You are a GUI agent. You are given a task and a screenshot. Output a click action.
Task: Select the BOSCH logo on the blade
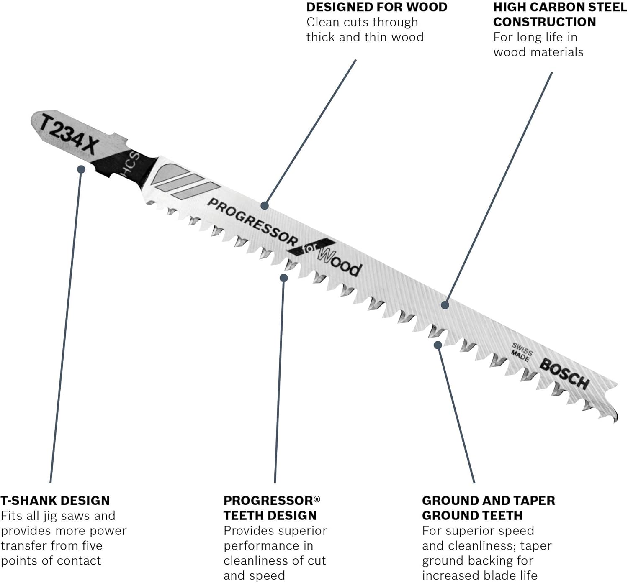tap(564, 373)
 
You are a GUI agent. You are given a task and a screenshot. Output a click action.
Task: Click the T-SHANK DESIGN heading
tap(55, 500)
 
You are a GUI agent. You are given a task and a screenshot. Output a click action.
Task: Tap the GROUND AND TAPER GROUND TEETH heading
tap(488, 508)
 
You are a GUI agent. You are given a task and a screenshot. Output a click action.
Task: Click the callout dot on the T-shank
tap(81, 169)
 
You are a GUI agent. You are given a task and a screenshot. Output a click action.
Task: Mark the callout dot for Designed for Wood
tap(264, 205)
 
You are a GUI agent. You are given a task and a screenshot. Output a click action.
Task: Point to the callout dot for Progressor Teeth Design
tap(284, 278)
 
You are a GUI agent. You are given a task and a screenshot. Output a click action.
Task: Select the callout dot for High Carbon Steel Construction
tap(445, 305)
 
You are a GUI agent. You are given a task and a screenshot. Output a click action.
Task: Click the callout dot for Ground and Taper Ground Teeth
tap(438, 345)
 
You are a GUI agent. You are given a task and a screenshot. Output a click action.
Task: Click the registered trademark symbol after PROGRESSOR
tap(317, 498)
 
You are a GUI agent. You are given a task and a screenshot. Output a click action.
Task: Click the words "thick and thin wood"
tap(365, 37)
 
